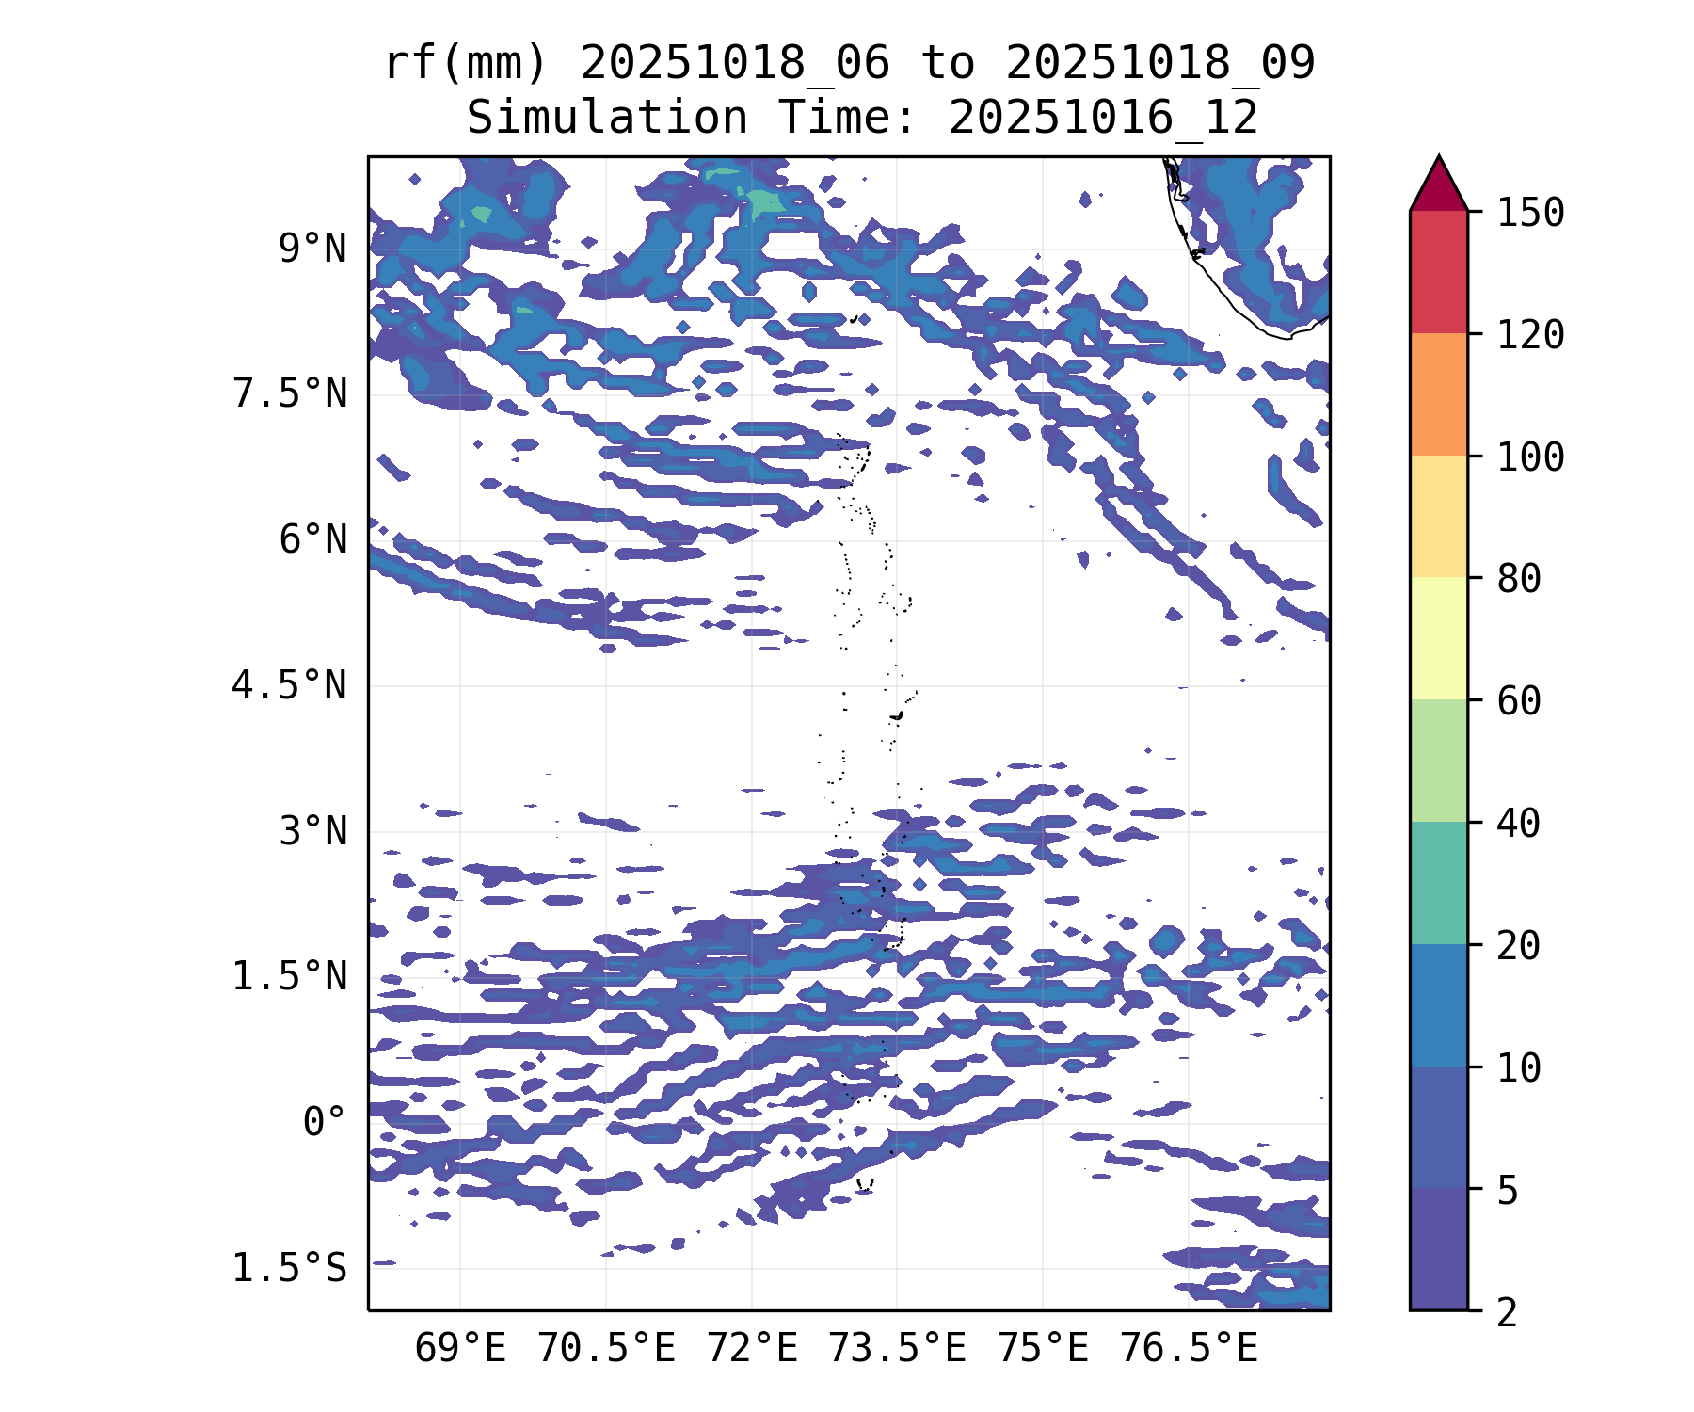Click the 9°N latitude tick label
pyautogui.click(x=312, y=249)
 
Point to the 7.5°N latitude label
pyautogui.click(x=290, y=394)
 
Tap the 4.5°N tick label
pyautogui.click(x=290, y=686)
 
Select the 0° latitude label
pyautogui.click(x=325, y=1122)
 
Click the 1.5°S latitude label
pyautogui.click(x=290, y=1269)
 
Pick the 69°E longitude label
pyautogui.click(x=460, y=1349)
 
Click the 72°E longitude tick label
pyautogui.click(x=752, y=1349)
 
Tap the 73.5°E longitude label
pyautogui.click(x=897, y=1349)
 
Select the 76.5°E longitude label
pyautogui.click(x=1189, y=1349)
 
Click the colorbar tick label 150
pyautogui.click(x=1530, y=213)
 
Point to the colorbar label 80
pyautogui.click(x=1519, y=579)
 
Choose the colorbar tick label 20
pyautogui.click(x=1519, y=945)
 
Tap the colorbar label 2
pyautogui.click(x=1508, y=1312)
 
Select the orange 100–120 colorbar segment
pyautogui.click(x=1438, y=394)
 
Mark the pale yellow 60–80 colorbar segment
pyautogui.click(x=1438, y=638)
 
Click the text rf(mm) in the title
pyautogui.click(x=466, y=64)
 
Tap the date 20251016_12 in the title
pyautogui.click(x=1103, y=119)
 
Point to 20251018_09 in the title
pyautogui.click(x=1159, y=64)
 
